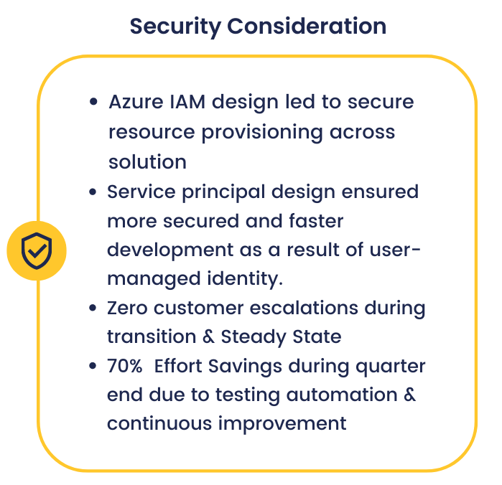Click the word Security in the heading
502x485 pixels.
(175, 27)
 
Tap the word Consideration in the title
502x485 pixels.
(307, 26)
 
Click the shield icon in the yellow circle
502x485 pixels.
(37, 251)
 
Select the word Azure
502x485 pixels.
(136, 102)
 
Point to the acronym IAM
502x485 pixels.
(187, 102)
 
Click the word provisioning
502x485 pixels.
(262, 133)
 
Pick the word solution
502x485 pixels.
(148, 161)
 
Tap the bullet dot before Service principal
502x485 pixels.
(93, 192)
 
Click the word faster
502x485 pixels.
(316, 221)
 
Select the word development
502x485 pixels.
(170, 250)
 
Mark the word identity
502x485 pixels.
(245, 279)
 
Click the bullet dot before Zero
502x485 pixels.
(93, 308)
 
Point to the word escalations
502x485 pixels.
(304, 308)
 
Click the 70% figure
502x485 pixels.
(125, 366)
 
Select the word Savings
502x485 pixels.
(245, 367)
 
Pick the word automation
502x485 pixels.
(342, 395)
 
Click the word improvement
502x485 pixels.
(282, 424)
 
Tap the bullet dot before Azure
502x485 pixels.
(93, 102)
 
